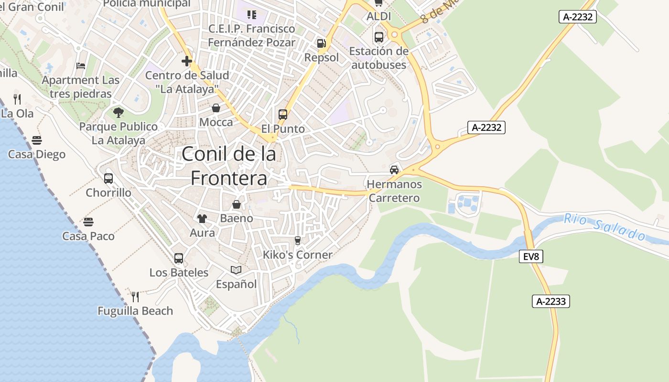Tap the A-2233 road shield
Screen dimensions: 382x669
coord(551,301)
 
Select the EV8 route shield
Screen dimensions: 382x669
coord(531,256)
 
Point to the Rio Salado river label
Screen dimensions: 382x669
coord(604,227)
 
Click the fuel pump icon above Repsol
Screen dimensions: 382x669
coord(321,43)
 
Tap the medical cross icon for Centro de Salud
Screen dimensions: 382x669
coord(187,61)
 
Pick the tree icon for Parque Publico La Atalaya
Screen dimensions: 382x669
coord(119,113)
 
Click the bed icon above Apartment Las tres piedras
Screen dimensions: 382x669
coord(81,66)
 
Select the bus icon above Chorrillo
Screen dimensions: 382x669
coord(108,179)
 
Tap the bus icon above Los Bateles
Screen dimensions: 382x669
coord(179,258)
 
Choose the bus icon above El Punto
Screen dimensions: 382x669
coord(283,115)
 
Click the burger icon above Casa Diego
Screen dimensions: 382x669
coord(37,140)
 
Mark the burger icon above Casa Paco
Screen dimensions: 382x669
coord(88,222)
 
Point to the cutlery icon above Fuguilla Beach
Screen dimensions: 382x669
coord(135,297)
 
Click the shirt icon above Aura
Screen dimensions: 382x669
coord(202,219)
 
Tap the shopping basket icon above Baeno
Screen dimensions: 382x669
coord(237,204)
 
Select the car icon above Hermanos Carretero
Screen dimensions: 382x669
coord(394,170)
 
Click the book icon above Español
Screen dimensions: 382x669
coord(236,270)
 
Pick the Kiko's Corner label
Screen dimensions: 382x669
coord(297,255)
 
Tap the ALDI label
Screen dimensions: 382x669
coord(378,16)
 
